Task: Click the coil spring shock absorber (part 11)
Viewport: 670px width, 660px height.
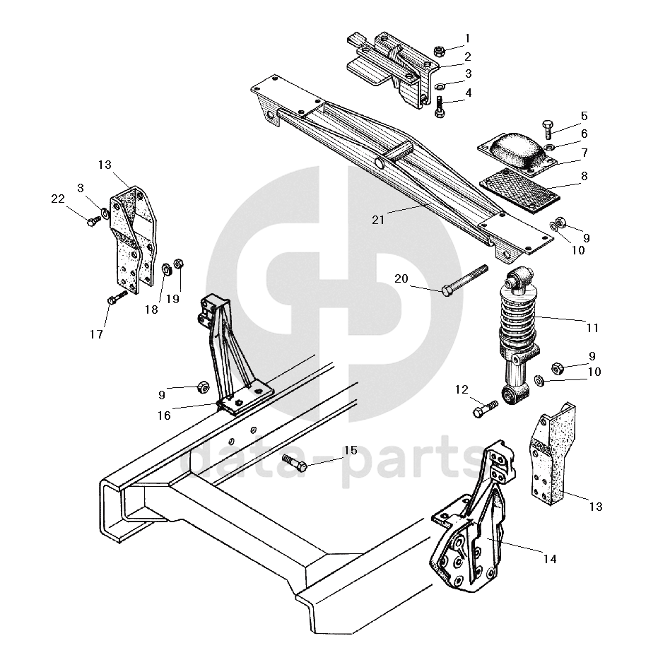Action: (516, 336)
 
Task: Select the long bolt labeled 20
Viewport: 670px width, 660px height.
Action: (465, 281)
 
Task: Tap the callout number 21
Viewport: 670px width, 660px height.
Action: (378, 220)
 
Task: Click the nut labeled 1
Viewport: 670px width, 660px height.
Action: (440, 52)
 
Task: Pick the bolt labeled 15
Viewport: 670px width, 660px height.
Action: (295, 463)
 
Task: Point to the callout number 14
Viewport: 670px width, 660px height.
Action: (550, 559)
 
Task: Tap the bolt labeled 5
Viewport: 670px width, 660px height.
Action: (548, 129)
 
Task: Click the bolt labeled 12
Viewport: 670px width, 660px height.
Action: (486, 408)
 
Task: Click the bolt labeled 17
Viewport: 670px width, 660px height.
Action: (117, 297)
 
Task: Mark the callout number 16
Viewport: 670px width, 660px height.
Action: (164, 416)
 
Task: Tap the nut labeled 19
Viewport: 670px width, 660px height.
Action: (180, 263)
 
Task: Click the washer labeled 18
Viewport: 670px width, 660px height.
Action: (166, 269)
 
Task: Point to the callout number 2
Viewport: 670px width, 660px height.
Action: (467, 57)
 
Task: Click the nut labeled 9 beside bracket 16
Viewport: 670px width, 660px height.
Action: (203, 387)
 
